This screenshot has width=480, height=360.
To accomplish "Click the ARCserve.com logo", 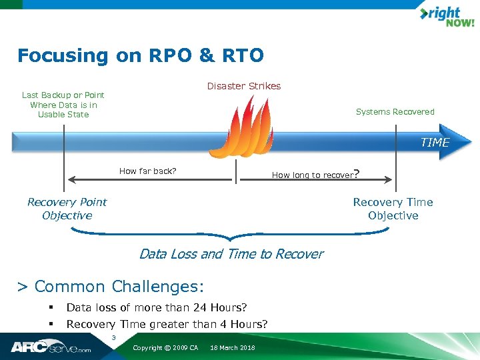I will (x=50, y=347).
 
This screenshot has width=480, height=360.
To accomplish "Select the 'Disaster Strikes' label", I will (x=244, y=86).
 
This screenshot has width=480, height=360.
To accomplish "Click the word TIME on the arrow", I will (x=435, y=142).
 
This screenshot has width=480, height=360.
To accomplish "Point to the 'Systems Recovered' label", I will (x=395, y=112).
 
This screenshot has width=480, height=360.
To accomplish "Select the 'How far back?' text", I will (x=147, y=171).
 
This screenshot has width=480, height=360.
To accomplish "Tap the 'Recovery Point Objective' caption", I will (x=67, y=209).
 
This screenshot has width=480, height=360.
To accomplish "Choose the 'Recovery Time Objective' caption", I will (x=393, y=209).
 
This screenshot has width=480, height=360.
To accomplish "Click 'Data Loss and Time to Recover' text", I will (x=231, y=254).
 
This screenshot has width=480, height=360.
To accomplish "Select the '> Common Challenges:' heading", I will (x=110, y=287).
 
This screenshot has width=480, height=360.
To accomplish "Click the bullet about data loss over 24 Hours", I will (x=157, y=307).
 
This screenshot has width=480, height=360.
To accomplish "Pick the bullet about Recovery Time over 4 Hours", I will (x=167, y=325).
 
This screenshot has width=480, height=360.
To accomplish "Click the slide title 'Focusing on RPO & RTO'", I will (x=141, y=55).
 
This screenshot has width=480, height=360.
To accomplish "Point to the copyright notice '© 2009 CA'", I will (x=165, y=348).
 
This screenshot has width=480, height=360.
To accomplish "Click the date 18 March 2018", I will (x=232, y=348).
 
